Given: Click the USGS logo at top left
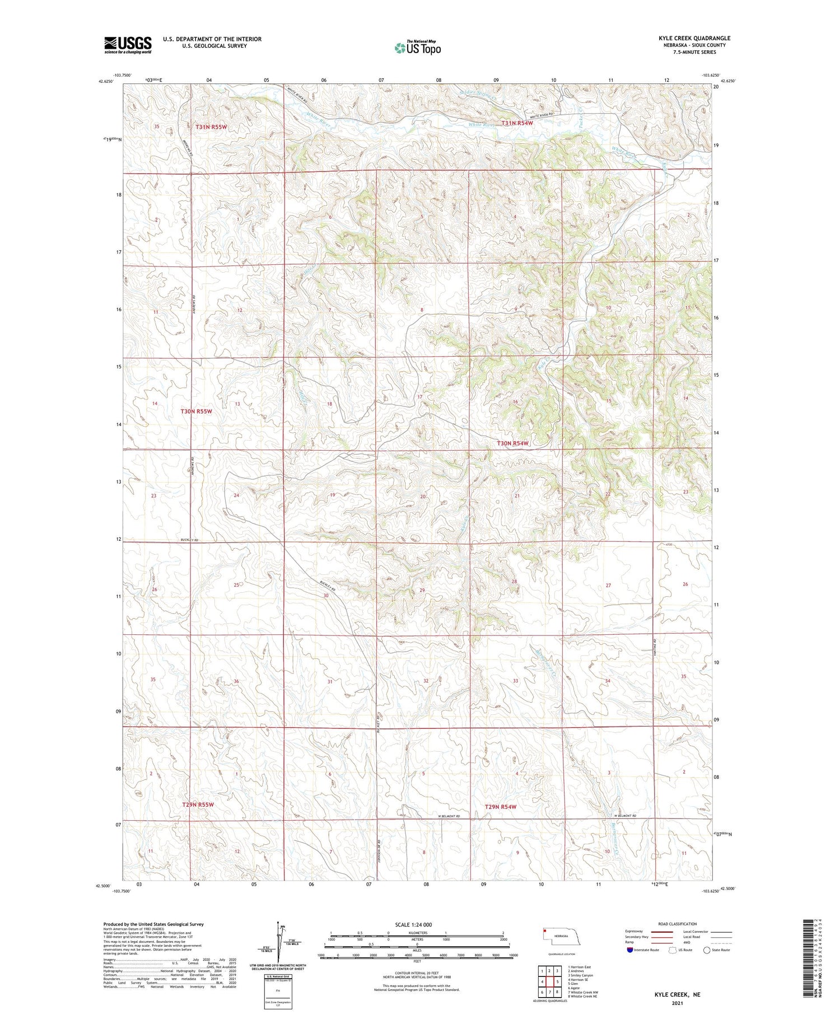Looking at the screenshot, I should (x=128, y=45).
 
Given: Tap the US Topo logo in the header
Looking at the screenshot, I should (x=418, y=48).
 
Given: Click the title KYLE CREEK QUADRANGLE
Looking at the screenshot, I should (x=694, y=38).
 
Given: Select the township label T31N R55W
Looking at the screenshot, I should (x=211, y=127).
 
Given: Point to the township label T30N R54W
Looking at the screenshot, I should (x=512, y=443).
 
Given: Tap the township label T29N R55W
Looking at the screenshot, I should (x=198, y=804).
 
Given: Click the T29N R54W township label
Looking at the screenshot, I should (x=500, y=807).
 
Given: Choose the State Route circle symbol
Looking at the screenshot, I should (x=707, y=949).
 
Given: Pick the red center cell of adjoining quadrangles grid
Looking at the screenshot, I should (x=550, y=981).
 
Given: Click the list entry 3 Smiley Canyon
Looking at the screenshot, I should (x=581, y=975).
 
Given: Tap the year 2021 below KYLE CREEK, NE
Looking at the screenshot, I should (x=678, y=1003).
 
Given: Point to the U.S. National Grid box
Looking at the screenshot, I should (x=278, y=991).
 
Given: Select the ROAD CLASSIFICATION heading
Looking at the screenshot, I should (x=677, y=924).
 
